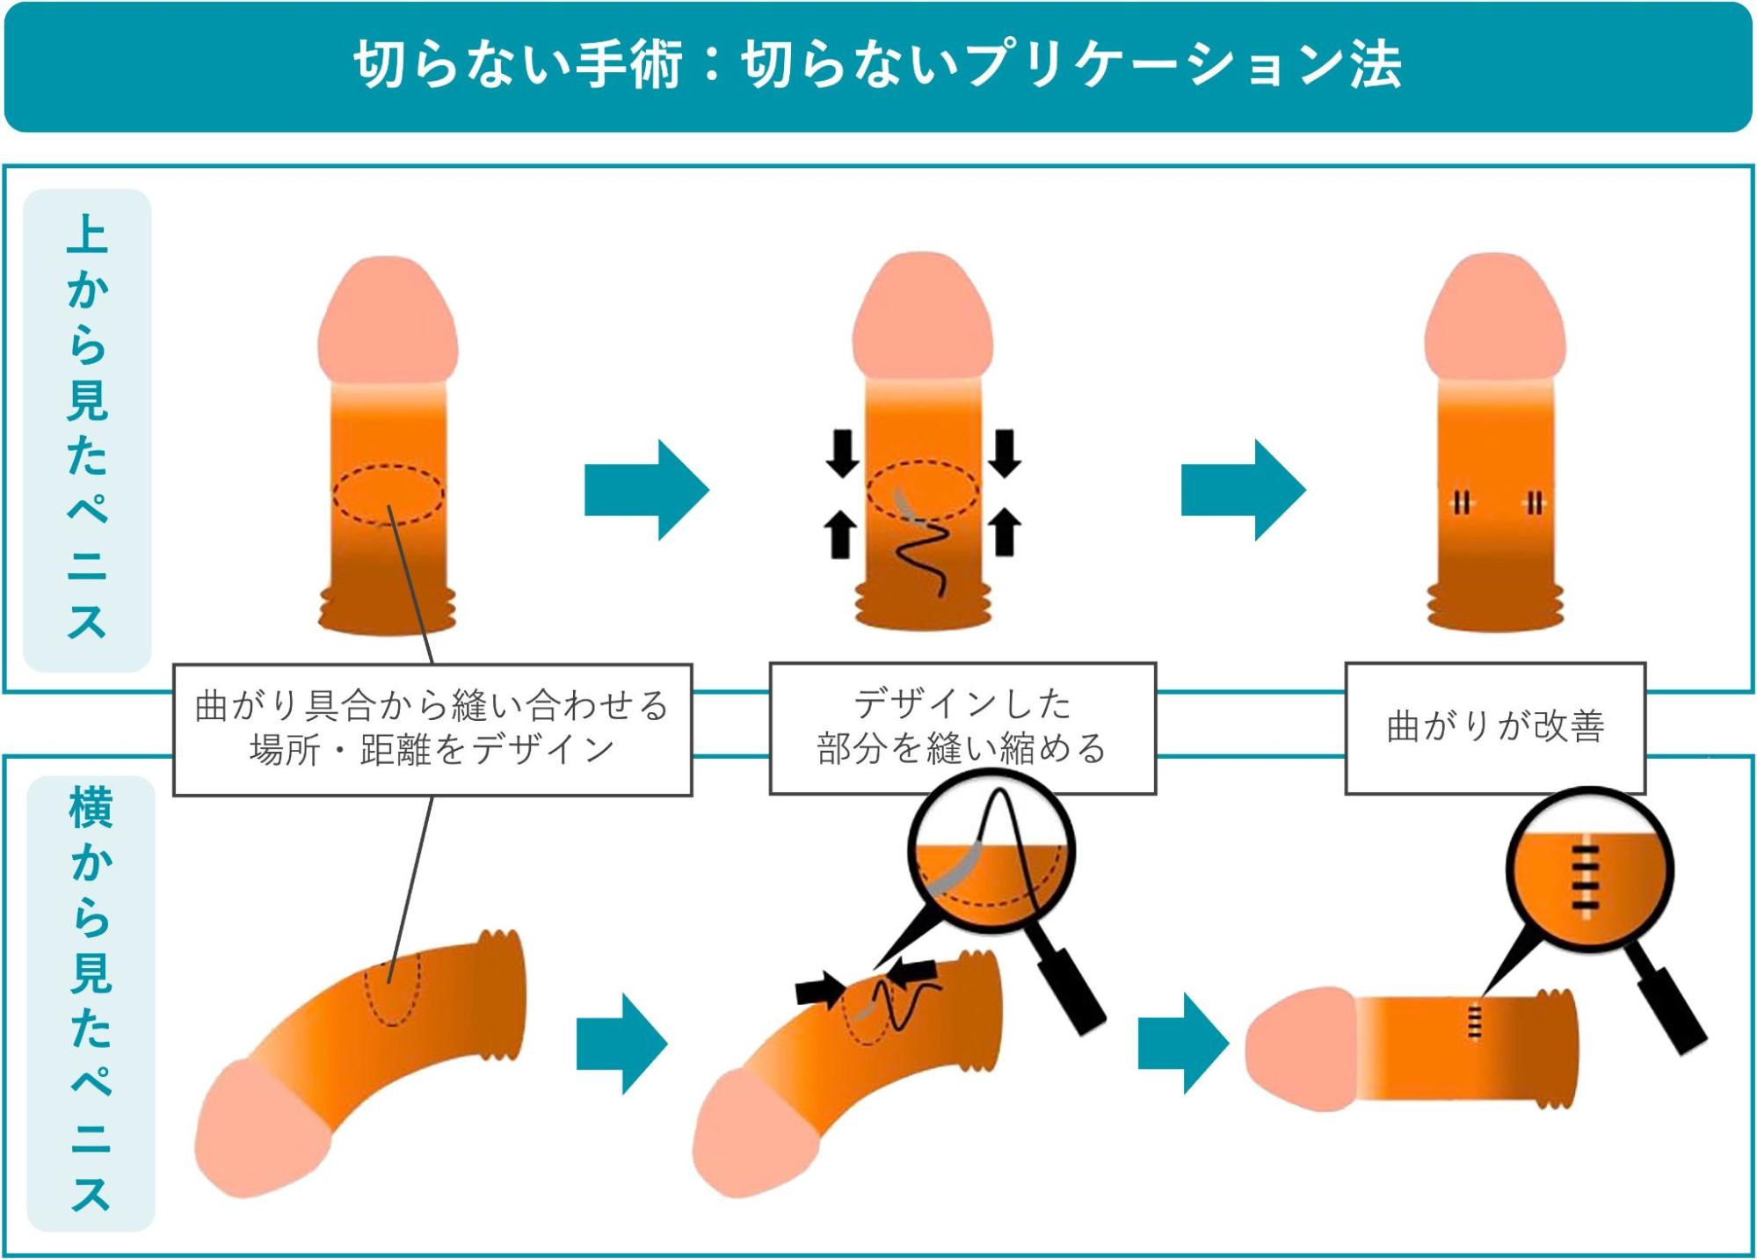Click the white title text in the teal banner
pos(877,65)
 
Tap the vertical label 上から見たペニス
pos(87,428)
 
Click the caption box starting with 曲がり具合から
pos(432,729)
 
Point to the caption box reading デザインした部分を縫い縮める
pos(962,728)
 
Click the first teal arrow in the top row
pos(646,490)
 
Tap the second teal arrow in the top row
pos(1243,490)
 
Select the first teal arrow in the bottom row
pos(622,1043)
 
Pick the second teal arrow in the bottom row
pos(1183,1043)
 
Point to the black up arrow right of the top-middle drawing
pos(1005,533)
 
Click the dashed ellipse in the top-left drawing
pos(388,493)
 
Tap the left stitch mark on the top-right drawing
pos(1461,503)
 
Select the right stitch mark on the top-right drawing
pos(1535,503)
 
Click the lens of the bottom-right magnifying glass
pos(1589,870)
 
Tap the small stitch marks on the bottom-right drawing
pos(1474,1022)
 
